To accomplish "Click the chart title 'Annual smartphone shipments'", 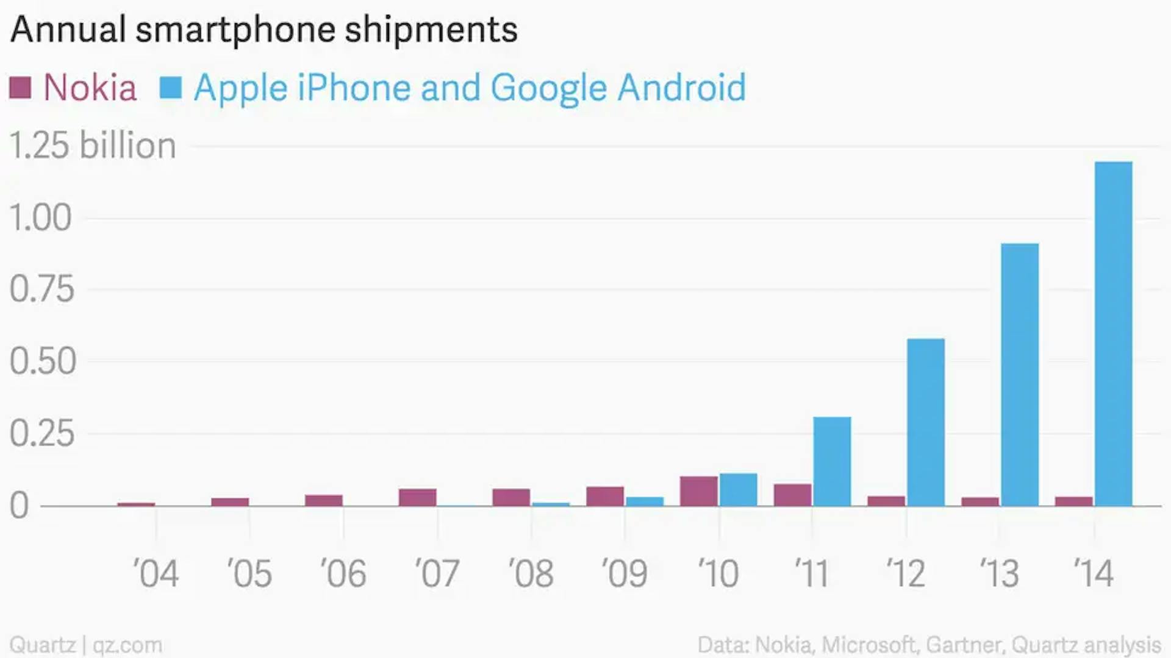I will click(264, 29).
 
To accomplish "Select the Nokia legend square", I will click(20, 88).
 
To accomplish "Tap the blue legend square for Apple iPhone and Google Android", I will click(170, 88).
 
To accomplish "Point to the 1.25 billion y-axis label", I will click(93, 146).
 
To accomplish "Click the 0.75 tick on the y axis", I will click(41, 289).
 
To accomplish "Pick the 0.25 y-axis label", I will click(41, 433).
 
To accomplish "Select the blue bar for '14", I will click(1113, 334).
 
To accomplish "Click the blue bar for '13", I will click(1020, 375).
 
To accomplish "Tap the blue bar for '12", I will click(926, 422).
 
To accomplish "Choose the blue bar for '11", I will click(832, 461).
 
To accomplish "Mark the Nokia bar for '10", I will click(699, 491).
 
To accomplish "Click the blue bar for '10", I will click(738, 490).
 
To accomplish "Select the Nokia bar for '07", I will click(418, 497).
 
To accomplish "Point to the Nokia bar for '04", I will click(136, 504).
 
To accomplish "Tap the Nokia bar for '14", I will click(1074, 501).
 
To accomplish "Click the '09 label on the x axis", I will click(624, 573).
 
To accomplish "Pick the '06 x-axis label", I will click(343, 573).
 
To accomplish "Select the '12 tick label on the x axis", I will click(906, 573).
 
